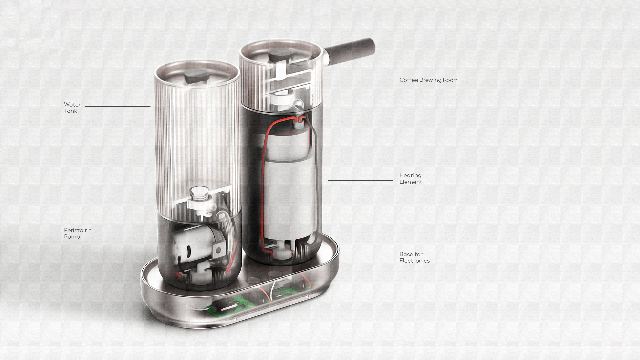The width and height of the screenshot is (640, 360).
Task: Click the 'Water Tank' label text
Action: [x=72, y=108]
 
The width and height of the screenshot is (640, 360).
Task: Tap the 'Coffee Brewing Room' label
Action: [x=429, y=80]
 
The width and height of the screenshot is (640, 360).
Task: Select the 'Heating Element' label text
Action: [x=411, y=179]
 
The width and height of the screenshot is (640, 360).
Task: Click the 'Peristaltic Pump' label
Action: [x=77, y=233]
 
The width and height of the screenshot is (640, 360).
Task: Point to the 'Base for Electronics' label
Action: [x=414, y=257]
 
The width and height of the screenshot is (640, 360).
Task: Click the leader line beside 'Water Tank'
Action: [x=117, y=107]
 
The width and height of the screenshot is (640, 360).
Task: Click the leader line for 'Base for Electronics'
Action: [x=369, y=262]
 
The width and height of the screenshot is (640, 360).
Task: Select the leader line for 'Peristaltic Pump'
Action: [x=124, y=231]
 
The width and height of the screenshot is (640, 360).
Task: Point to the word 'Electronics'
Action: [x=414, y=261]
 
